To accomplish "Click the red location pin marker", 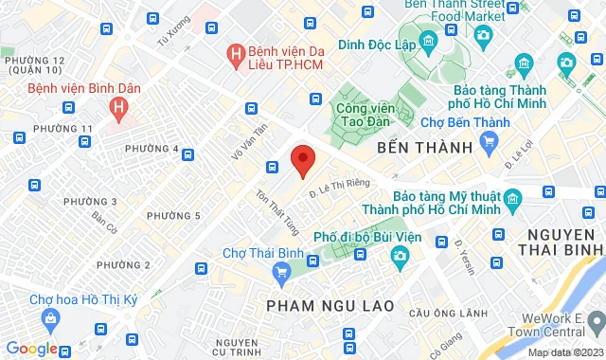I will click(x=302, y=160).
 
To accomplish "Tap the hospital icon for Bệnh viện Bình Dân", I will click(x=118, y=109).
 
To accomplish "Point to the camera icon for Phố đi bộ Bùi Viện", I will click(x=400, y=255).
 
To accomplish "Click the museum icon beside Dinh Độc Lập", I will click(x=427, y=41).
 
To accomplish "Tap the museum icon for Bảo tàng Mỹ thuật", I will click(x=513, y=200).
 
